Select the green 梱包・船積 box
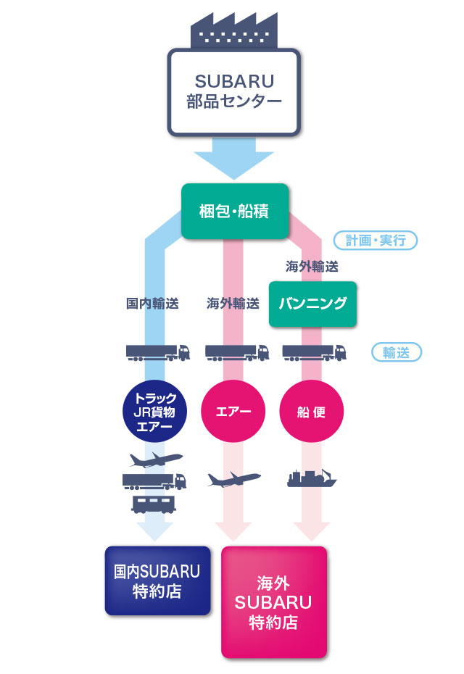pyautogui.click(x=234, y=212)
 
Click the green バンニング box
pyautogui.click(x=312, y=304)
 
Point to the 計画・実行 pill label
pyautogui.click(x=376, y=240)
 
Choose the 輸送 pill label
pyautogui.click(x=396, y=352)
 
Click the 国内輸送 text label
pyautogui.click(x=152, y=304)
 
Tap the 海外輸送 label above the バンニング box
pyautogui.click(x=312, y=267)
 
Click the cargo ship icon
pyautogui.click(x=312, y=478)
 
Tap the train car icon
pyautogui.click(x=153, y=503)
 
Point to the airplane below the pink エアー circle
pyautogui.click(x=233, y=480)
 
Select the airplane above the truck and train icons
pyautogui.click(x=155, y=459)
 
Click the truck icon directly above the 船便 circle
pyautogui.click(x=313, y=352)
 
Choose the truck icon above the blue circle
pyautogui.click(x=157, y=352)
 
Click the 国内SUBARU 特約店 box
pyautogui.click(x=157, y=581)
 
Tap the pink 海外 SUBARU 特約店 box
pyautogui.click(x=273, y=602)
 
